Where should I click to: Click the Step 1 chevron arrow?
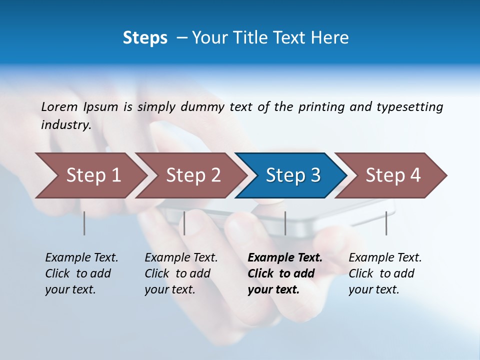pyautogui.click(x=90, y=175)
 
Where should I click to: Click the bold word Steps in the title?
pyautogui.click(x=145, y=38)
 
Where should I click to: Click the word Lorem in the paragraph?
pyautogui.click(x=59, y=106)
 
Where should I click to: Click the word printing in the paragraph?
pyautogui.click(x=321, y=106)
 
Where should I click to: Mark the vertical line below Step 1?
pyautogui.click(x=84, y=223)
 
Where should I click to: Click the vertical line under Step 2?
pyautogui.click(x=184, y=223)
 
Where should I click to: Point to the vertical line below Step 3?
pyautogui.click(x=285, y=223)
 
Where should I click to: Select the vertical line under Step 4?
pyautogui.click(x=386, y=223)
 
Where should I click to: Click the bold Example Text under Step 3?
pyautogui.click(x=285, y=258)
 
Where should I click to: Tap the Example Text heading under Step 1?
pyautogui.click(x=81, y=258)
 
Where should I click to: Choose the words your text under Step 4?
pyautogui.click(x=373, y=289)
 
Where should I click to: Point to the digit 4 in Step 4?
pyautogui.click(x=415, y=175)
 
